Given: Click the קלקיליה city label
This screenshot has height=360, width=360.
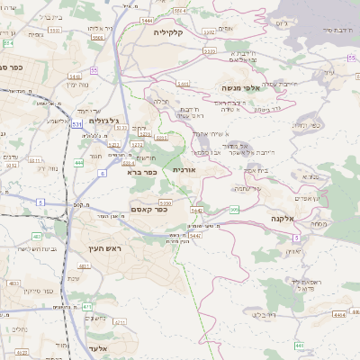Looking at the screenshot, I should (x=168, y=32).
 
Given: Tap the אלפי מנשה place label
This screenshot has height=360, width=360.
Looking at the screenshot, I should (x=244, y=88).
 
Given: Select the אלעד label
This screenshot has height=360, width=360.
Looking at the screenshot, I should (x=101, y=347).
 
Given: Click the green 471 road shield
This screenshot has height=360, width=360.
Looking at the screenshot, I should (x=87, y=307).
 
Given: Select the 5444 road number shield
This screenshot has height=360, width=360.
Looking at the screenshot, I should (x=146, y=19).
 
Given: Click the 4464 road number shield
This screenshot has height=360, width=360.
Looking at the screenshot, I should (x=338, y=315).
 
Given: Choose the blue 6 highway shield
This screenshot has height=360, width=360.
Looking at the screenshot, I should (x=101, y=172).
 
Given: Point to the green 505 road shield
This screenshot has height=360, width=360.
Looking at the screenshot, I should (x=234, y=210).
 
